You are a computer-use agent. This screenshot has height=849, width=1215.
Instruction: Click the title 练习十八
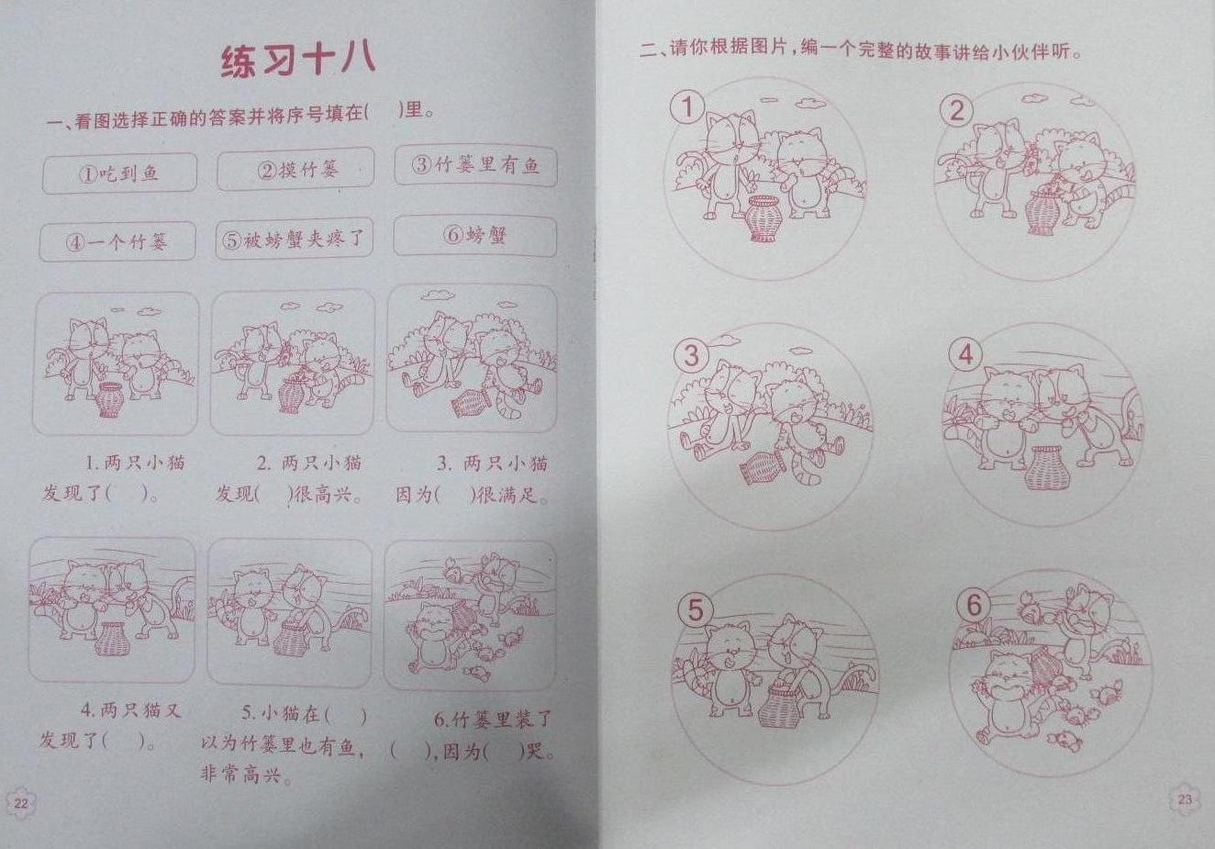(297, 61)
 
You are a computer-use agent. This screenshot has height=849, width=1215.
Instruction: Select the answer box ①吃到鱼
(119, 173)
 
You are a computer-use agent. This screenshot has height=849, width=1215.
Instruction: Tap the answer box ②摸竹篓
(295, 169)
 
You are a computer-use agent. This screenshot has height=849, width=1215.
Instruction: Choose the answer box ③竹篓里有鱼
(475, 164)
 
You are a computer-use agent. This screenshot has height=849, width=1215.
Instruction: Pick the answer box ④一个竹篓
(117, 241)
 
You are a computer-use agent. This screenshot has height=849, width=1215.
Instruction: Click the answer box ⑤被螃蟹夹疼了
(295, 238)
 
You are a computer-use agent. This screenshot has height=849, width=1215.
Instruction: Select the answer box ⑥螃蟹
(475, 236)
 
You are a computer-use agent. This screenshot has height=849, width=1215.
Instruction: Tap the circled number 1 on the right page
(687, 107)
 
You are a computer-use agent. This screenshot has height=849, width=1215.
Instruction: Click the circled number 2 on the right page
(956, 110)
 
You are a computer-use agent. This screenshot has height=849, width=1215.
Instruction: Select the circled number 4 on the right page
(965, 355)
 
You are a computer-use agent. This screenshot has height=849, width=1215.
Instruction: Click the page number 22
(20, 803)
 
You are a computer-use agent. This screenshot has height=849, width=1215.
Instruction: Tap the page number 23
(1185, 799)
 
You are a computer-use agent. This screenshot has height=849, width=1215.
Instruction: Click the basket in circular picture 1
(762, 218)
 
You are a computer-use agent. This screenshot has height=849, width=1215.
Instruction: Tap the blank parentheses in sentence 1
(128, 494)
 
